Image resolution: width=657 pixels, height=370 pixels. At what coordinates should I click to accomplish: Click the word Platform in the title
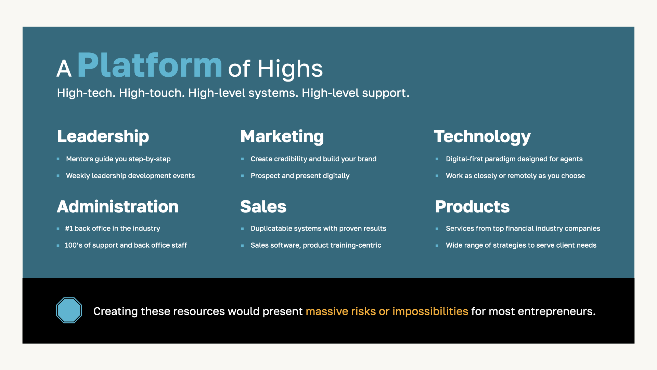150,65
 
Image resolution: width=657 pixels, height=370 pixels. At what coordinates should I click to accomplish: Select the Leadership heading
103,137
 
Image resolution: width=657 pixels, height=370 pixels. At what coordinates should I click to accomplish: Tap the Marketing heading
282,137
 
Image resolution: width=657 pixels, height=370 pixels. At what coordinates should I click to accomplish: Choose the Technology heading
482,137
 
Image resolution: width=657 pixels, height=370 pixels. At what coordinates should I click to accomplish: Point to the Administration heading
118,207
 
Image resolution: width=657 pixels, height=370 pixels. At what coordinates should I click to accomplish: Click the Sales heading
263,207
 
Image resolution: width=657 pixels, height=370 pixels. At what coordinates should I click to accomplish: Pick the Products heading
472,207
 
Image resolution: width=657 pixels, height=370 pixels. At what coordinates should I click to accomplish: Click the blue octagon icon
69,310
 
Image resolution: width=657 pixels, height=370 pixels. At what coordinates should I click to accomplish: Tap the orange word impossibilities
430,311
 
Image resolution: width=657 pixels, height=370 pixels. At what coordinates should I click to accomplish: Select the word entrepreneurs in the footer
557,311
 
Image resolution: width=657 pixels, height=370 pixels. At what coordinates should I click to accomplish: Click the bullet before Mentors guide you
58,159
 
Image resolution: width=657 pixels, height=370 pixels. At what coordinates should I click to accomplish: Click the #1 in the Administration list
69,229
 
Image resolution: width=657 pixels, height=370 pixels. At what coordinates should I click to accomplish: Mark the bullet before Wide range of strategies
437,246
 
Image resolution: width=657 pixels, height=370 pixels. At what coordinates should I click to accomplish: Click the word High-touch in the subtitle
151,93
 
